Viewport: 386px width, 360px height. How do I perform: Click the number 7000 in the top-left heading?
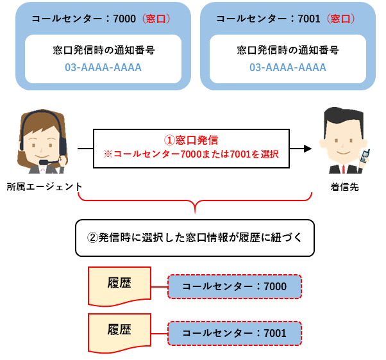[124, 19]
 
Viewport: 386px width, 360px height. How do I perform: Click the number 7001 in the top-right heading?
[309, 19]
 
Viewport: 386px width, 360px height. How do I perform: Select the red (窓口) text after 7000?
[156, 19]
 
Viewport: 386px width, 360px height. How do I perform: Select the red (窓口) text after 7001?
[340, 19]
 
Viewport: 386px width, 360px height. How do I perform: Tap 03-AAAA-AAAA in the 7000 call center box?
[103, 67]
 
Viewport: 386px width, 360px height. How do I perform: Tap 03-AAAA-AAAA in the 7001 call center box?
[288, 67]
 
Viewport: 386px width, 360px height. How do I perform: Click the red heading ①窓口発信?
[191, 140]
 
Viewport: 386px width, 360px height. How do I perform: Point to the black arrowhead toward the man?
[308, 149]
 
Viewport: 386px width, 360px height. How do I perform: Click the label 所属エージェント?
[44, 187]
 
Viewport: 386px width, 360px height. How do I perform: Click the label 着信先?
[345, 187]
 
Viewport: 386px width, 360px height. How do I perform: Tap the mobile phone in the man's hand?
[365, 156]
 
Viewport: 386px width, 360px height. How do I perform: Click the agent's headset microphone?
[44, 162]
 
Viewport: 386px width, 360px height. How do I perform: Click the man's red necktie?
[344, 169]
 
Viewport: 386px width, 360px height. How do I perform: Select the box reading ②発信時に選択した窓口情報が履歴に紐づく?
[195, 238]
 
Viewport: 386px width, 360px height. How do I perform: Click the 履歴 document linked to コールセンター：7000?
[119, 286]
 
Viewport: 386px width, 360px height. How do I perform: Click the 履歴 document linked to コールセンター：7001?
[119, 333]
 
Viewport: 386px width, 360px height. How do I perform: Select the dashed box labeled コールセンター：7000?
[235, 286]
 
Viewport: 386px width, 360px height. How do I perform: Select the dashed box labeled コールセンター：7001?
[235, 333]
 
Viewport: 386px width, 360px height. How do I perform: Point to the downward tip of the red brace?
[195, 213]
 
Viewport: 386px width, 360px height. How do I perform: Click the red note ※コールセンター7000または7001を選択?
[191, 154]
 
